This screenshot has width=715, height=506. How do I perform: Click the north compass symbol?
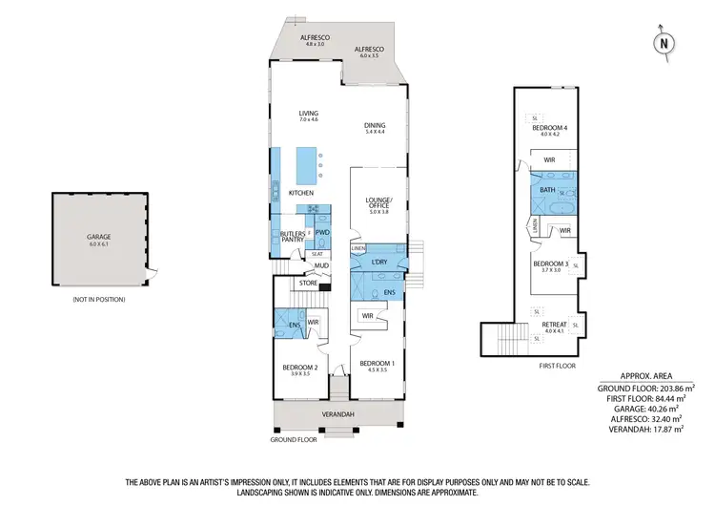[664, 43]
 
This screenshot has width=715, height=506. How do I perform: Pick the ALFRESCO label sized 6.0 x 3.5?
[368, 52]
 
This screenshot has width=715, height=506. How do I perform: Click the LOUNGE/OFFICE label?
[379, 203]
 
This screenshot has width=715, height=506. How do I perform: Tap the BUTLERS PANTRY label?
[293, 237]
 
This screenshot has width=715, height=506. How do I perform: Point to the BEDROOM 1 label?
[378, 363]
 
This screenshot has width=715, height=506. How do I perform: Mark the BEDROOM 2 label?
[300, 368]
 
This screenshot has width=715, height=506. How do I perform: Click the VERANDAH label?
[338, 413]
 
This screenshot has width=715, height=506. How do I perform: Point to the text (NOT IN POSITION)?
[99, 300]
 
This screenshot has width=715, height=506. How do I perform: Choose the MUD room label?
[309, 266]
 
